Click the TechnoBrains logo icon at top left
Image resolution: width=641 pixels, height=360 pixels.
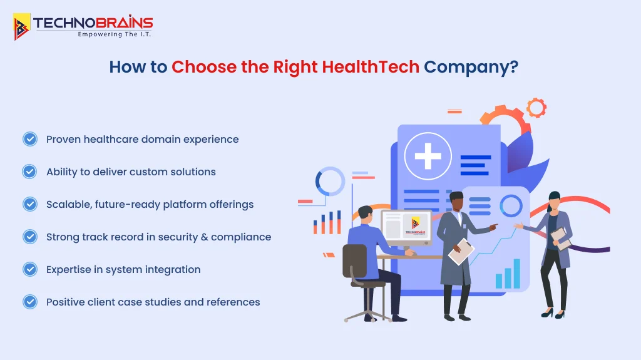point(22,26)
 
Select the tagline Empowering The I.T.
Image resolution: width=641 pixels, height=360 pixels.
point(114,34)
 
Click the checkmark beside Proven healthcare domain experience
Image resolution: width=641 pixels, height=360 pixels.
point(29,139)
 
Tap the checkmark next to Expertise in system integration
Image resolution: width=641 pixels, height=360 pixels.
point(29,269)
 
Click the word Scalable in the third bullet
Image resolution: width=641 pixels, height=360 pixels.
point(69,204)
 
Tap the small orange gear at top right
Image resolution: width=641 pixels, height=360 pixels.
point(536,108)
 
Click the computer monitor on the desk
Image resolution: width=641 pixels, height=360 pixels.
point(406,225)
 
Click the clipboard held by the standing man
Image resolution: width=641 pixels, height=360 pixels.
point(461,250)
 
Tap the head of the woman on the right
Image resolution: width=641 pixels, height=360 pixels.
point(553,200)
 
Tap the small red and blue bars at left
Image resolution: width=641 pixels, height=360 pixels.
point(327,223)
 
